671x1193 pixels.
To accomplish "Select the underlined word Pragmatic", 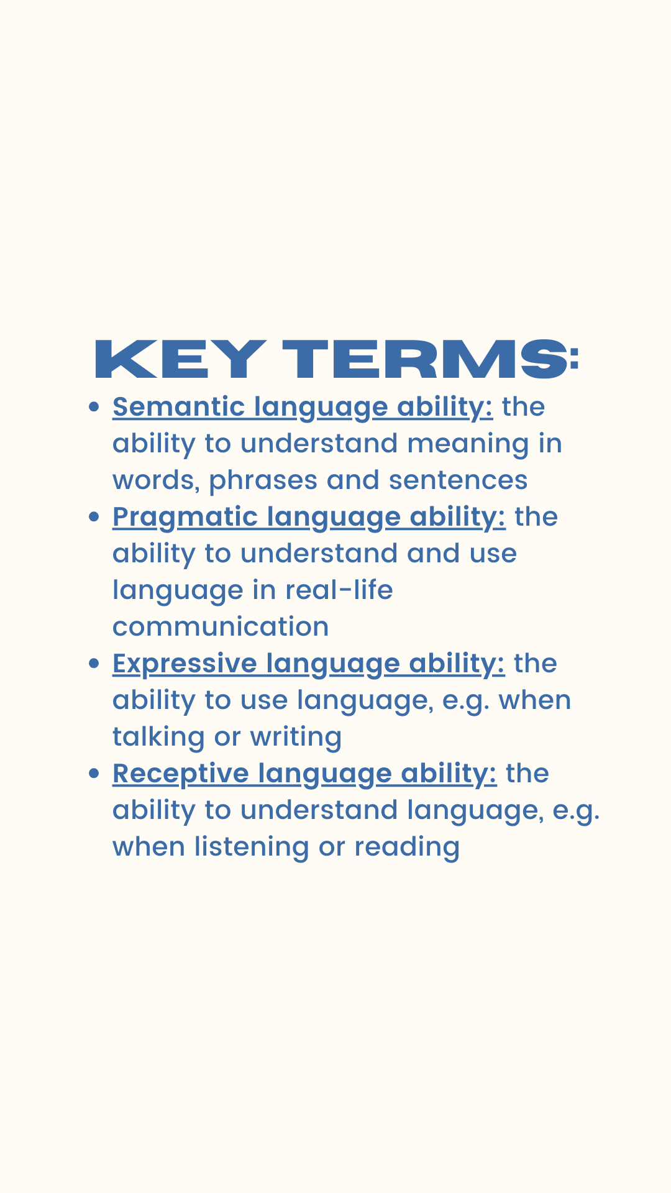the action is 185,518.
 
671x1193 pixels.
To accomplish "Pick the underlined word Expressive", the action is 185,664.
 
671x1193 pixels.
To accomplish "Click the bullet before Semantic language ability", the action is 94,407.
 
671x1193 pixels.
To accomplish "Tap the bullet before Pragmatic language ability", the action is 94,517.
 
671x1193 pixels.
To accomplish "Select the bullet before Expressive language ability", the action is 94,664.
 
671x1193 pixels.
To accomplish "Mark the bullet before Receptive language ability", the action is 94,774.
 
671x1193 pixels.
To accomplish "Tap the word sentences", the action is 458,481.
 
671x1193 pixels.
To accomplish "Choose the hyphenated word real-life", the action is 339,590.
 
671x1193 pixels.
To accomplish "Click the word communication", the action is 221,627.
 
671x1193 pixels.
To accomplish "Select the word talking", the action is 158,738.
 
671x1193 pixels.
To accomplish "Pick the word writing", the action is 296,738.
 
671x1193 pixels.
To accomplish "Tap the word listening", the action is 251,848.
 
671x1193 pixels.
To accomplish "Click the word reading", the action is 407,848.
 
